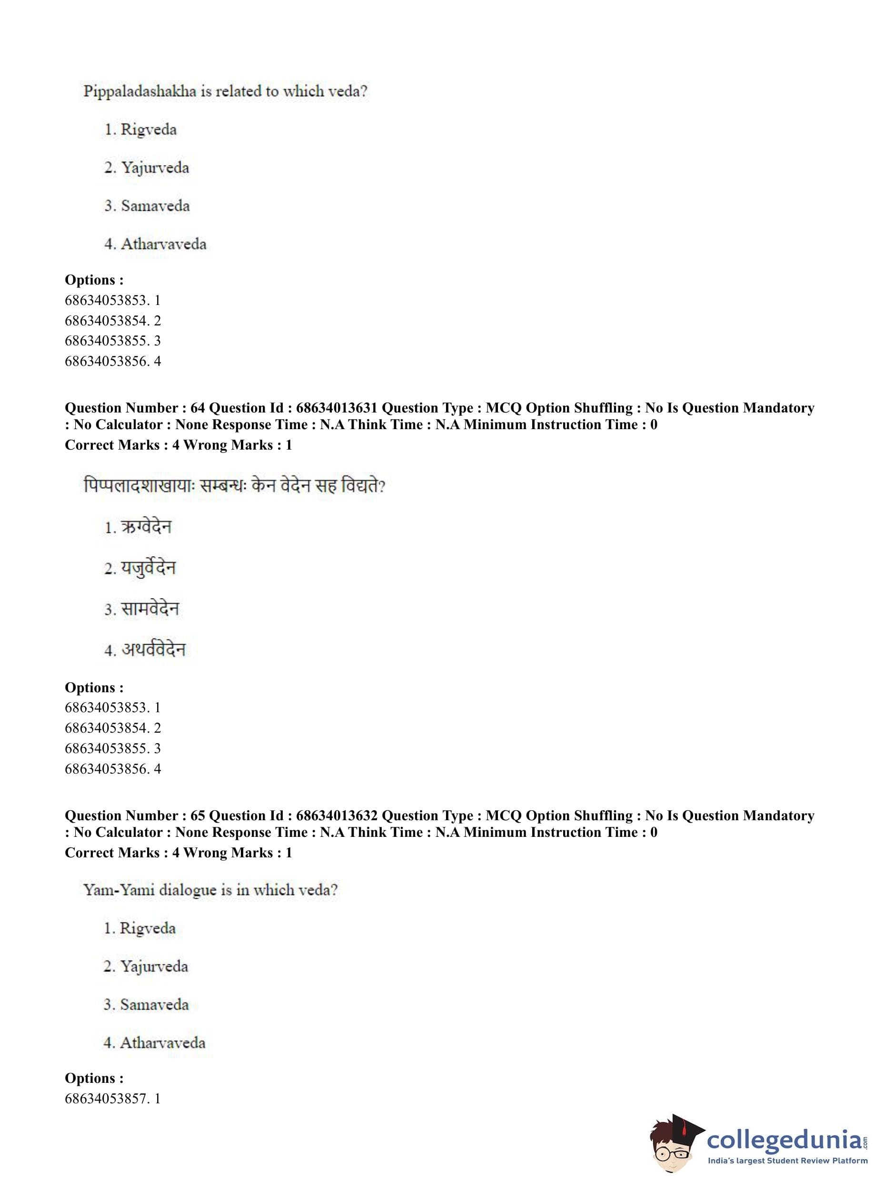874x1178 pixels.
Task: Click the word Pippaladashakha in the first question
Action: coord(139,91)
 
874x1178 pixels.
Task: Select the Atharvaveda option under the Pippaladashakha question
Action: coord(163,244)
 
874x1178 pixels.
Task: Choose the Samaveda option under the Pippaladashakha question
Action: coord(155,206)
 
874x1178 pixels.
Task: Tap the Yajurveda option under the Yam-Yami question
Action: coord(153,966)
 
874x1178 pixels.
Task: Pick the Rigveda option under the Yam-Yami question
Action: coord(147,928)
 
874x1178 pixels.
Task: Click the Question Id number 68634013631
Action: coord(337,408)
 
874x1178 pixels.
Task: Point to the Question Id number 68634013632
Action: coord(337,816)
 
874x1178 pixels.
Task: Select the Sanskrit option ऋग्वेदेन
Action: coord(146,527)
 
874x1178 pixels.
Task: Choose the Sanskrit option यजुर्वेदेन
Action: coord(148,569)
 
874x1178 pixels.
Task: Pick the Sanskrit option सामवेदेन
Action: coord(150,609)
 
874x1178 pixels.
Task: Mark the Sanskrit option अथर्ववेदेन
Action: coord(153,650)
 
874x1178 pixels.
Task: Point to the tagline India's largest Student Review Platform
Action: coord(787,1161)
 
